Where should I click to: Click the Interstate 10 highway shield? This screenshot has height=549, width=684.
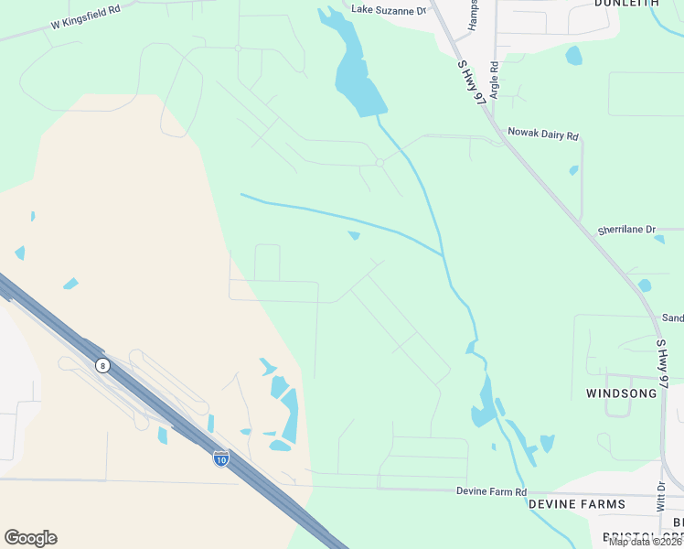(220, 458)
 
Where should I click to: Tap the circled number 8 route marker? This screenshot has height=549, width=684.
(102, 365)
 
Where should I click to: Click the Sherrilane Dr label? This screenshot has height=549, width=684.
(626, 231)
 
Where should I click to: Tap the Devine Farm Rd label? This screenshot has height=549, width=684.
(492, 491)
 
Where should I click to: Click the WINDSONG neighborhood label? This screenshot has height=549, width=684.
(623, 393)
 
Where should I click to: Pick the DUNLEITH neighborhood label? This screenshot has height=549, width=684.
(627, 4)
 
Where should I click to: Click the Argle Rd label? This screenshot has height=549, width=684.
(494, 80)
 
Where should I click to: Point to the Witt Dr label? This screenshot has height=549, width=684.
(660, 500)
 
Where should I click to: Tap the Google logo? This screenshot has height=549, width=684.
(30, 538)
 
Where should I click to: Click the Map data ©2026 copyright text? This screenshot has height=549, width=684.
(646, 542)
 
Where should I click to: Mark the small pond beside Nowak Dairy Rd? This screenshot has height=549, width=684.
(573, 170)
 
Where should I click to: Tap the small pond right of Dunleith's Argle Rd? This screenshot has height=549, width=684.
(573, 56)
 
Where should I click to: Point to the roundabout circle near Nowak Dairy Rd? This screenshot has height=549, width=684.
(379, 163)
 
